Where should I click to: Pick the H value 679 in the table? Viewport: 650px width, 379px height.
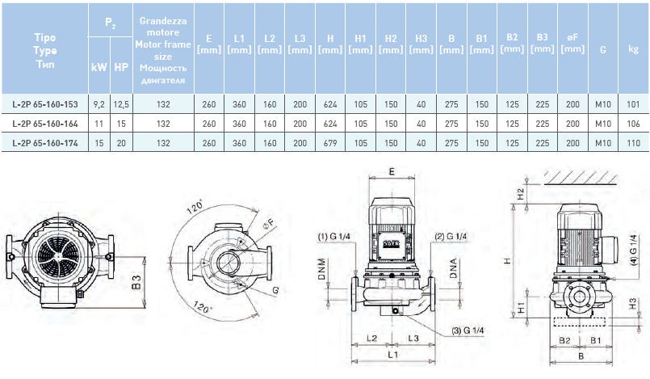(329, 142)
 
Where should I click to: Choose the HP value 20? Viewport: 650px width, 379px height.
(120, 142)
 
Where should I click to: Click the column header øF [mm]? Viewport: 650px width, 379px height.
(572, 44)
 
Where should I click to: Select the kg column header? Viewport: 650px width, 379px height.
(633, 48)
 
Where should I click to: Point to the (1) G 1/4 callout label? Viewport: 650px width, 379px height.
(332, 236)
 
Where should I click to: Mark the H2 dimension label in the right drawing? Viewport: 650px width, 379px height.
(520, 192)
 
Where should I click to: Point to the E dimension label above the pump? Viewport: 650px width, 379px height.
(390, 172)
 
